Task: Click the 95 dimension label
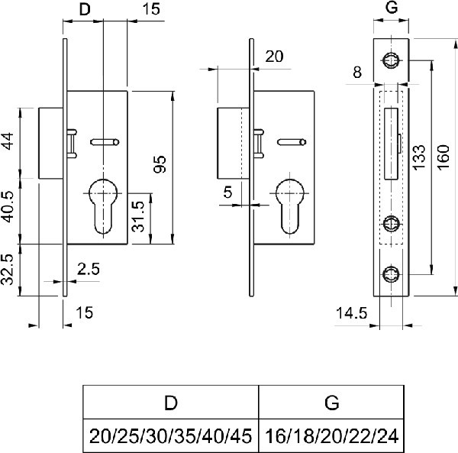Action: pos(160,163)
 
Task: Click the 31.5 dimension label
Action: pos(140,217)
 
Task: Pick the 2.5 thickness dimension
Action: pos(90,269)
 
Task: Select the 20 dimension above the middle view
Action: pos(275,56)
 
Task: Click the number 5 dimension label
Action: pos(227,192)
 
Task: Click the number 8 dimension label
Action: pos(357,74)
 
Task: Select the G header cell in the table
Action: pos(331,403)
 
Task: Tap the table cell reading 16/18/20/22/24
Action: pos(331,436)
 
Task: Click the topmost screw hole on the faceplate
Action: pos(392,60)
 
